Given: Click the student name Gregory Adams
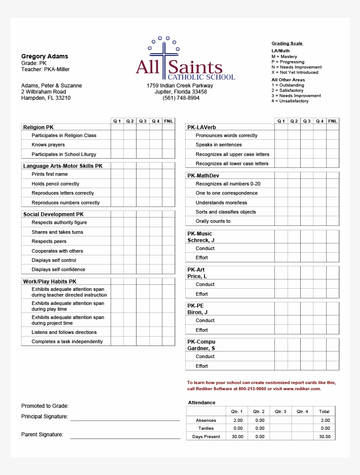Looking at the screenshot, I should point(44,56).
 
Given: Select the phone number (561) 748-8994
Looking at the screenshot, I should point(181,98).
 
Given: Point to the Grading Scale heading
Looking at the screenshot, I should point(287,44).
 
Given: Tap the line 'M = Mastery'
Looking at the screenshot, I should point(284,57).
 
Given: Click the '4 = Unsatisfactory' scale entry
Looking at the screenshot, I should point(290,101).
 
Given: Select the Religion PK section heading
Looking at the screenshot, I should point(38,127).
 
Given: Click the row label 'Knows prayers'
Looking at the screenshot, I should point(48,145).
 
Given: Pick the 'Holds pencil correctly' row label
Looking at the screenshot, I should point(55,184).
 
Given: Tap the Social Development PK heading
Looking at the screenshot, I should point(53,214).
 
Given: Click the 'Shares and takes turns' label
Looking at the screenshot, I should point(57,232).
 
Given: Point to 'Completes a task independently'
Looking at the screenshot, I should point(67,341).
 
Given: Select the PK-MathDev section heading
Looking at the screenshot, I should point(203,175).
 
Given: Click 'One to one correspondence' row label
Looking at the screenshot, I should point(227,193).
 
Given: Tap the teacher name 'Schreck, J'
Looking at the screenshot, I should point(201,240).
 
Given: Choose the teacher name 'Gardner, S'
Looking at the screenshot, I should point(201,348).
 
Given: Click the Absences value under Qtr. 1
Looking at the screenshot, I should point(238,421).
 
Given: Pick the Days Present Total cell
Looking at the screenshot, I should point(324,437).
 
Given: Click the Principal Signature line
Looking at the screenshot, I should point(125,420).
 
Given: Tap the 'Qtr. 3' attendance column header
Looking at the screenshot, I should point(281,412).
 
